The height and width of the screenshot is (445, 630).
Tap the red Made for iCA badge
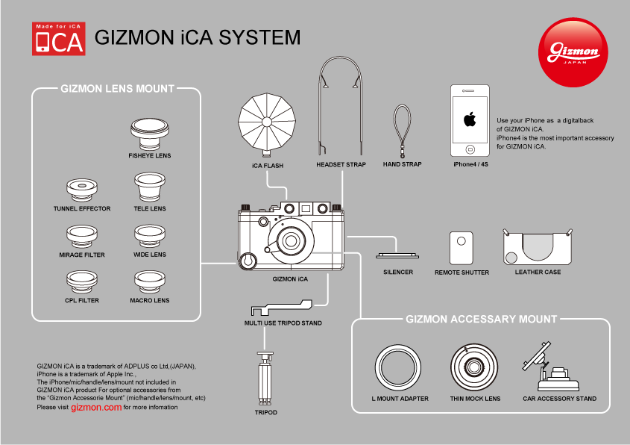pos(58,39)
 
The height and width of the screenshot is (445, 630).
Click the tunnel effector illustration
pos(81,190)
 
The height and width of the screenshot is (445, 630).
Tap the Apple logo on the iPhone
pos(470,119)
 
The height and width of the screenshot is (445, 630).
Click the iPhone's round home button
pos(470,145)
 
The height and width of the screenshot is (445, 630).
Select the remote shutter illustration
pos(462,247)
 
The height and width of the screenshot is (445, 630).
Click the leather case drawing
pos(538,247)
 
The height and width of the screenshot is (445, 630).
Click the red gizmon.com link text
pos(96,408)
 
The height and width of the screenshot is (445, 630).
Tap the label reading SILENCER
pos(398,272)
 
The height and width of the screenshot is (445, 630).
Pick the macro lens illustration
pos(150,281)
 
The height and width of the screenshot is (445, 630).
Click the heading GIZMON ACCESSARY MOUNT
pos(481,319)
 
